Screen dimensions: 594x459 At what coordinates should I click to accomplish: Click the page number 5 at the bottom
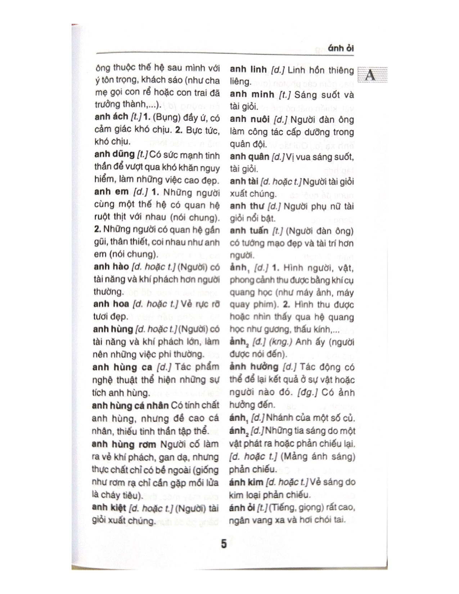coord(224,543)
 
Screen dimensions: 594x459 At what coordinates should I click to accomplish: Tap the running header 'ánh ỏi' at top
coord(341,49)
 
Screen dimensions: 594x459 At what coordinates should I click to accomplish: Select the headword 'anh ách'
coord(111,117)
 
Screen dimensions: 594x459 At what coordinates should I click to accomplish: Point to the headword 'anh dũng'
coord(114,154)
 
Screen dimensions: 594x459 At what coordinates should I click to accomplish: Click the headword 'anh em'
coord(111,192)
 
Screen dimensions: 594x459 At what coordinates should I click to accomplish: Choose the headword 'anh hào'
coord(111,267)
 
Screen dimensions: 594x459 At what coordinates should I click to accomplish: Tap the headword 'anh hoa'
coord(111,304)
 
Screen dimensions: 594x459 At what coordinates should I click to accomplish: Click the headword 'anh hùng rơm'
coord(124,444)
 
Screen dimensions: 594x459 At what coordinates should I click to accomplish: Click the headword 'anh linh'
coord(248,69)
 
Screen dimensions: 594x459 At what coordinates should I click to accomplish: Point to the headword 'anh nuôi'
coord(249,119)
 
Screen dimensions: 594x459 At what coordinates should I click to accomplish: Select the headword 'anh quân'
coord(249,157)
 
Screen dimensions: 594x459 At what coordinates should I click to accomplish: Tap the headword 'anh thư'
coord(247,206)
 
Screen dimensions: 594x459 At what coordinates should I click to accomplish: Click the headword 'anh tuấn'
coord(249,230)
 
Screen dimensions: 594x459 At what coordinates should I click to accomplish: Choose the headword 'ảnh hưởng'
coord(254,367)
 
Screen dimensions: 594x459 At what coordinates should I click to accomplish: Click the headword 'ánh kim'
coord(247,482)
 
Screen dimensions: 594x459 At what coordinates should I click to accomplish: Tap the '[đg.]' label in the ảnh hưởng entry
coord(307,392)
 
